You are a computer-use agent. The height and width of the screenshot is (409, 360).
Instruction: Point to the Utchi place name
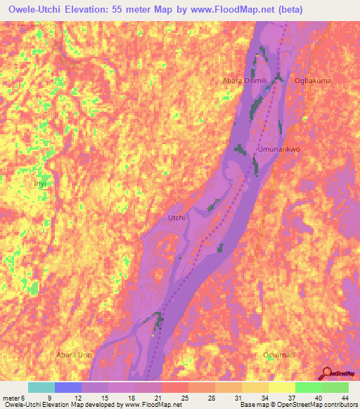tap(176, 218)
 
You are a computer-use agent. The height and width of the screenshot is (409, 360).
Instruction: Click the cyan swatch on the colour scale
tap(41, 387)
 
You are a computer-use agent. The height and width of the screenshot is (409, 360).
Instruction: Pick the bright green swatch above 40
tap(309, 387)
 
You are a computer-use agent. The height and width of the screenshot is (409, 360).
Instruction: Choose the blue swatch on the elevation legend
tap(68, 387)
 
